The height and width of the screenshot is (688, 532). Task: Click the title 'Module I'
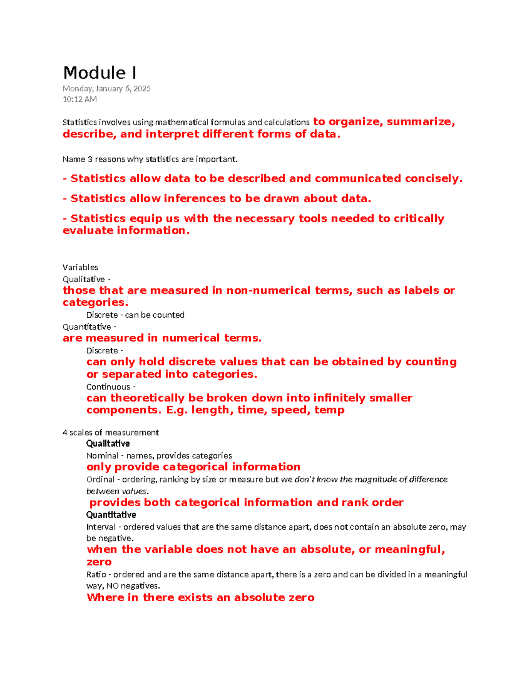click(x=100, y=73)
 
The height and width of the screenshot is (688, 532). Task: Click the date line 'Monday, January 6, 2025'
click(x=106, y=89)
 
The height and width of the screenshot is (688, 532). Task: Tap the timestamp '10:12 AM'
click(x=80, y=99)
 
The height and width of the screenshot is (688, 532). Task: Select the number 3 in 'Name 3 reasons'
click(x=90, y=159)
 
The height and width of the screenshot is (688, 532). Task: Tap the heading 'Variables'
click(x=80, y=267)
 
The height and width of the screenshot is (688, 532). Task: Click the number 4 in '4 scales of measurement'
click(x=65, y=432)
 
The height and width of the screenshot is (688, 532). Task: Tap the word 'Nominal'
click(x=102, y=455)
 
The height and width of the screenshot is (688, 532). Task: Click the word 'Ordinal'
click(x=101, y=479)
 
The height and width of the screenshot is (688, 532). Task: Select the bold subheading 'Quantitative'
click(x=111, y=515)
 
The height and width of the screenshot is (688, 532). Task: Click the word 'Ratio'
click(x=96, y=575)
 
